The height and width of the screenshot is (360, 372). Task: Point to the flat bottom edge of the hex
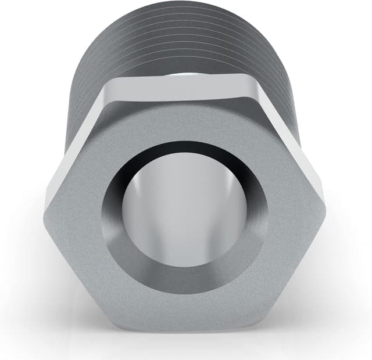(x=184, y=330)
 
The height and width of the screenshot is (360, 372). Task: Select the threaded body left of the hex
(x=78, y=87)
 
